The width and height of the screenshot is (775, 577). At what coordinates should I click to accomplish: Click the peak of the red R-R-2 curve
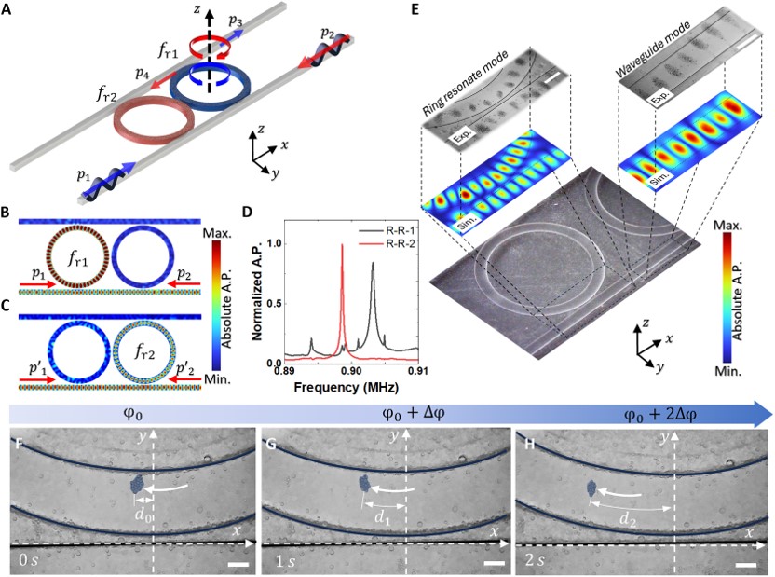[x=342, y=245]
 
